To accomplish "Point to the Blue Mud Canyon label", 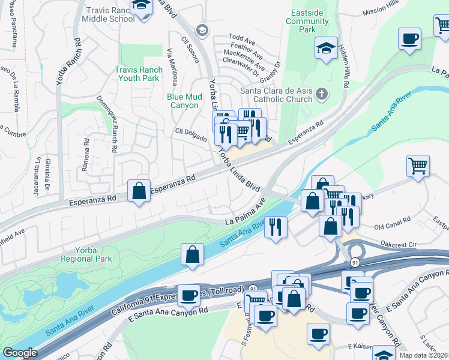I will pos(183,100).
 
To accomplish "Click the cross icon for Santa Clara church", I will pos(322,94).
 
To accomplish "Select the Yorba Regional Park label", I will pos(87,254).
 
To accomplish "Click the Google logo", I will pos(19,353).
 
